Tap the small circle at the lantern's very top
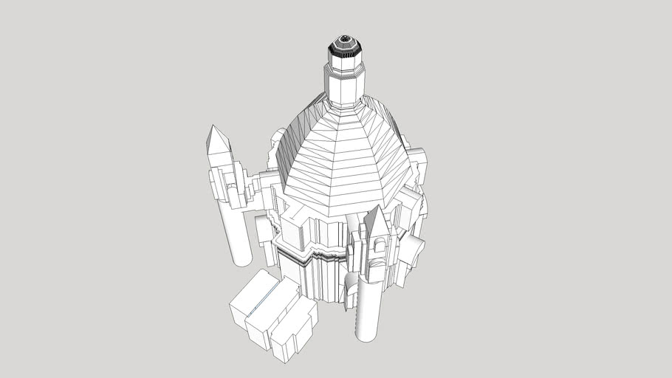click(343, 38)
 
